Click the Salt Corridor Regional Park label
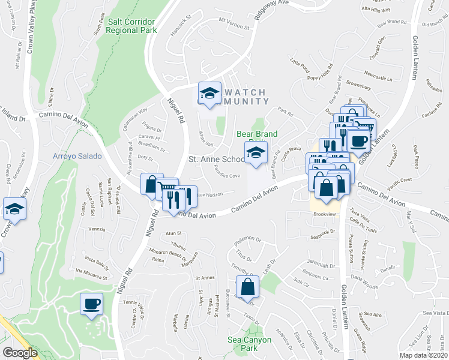click(x=132, y=25)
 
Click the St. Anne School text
click(x=216, y=160)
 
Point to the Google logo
click(x=20, y=353)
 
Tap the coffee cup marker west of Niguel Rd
click(x=91, y=304)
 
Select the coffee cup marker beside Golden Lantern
click(x=358, y=141)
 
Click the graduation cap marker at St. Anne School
click(x=256, y=152)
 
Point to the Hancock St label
click(x=179, y=29)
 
